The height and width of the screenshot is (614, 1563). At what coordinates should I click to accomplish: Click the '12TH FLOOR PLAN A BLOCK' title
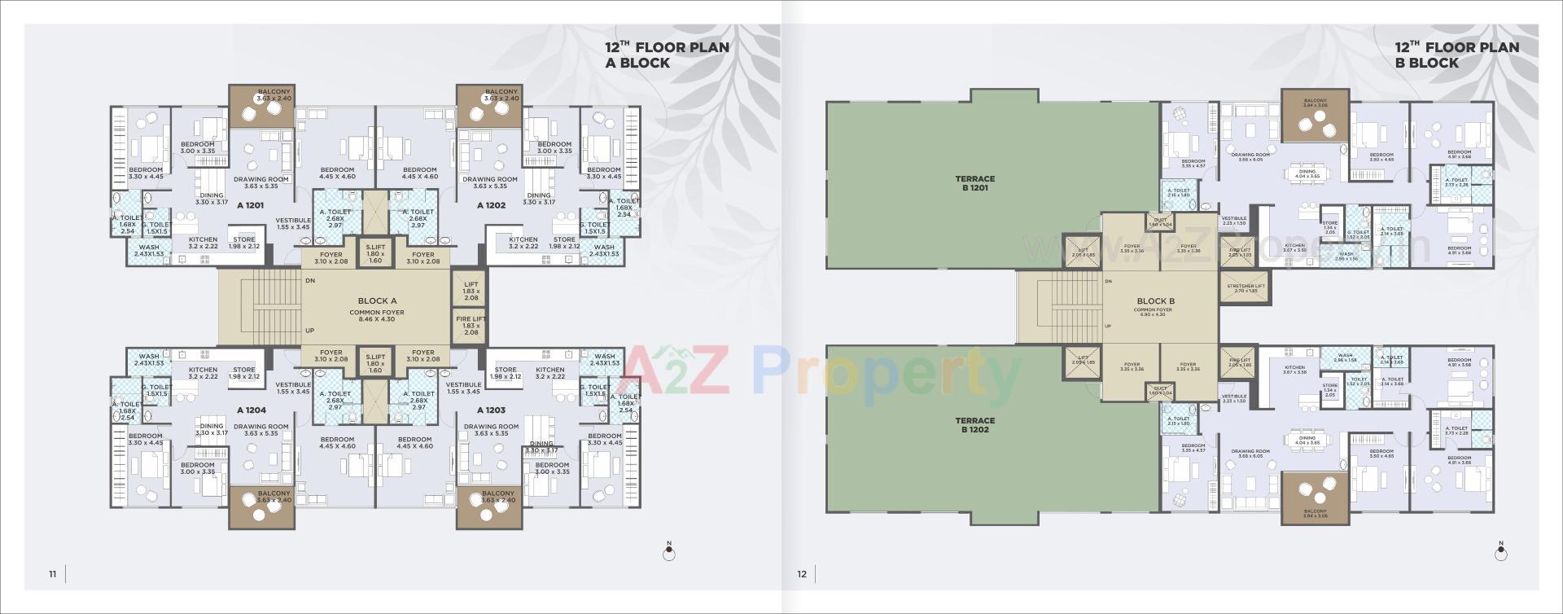pos(666,55)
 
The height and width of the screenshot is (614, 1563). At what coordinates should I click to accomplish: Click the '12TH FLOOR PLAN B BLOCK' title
pos(1456,55)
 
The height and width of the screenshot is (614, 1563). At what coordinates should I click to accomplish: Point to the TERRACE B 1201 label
pos(974,183)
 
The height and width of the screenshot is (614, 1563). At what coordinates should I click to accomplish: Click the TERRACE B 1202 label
pos(974,425)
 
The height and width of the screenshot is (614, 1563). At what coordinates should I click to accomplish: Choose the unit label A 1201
pos(251,206)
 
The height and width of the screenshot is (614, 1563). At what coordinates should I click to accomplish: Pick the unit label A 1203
pos(491,410)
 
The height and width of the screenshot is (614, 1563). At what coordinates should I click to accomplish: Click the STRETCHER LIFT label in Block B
pos(1246,287)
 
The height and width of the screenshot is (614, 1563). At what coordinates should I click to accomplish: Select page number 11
pos(53,574)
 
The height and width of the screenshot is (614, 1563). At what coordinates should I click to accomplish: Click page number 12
pos(802,574)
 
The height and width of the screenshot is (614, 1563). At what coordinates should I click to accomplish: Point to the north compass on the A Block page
pos(669,553)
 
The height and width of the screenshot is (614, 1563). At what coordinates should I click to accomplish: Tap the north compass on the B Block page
pos(1500,553)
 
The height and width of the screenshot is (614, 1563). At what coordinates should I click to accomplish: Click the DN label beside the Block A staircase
pos(310,281)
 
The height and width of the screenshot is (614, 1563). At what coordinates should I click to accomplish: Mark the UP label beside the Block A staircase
pos(309,331)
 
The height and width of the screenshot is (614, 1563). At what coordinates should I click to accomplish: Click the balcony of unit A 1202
pos(489,106)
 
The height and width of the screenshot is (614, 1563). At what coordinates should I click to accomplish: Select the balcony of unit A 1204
pos(261,507)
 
